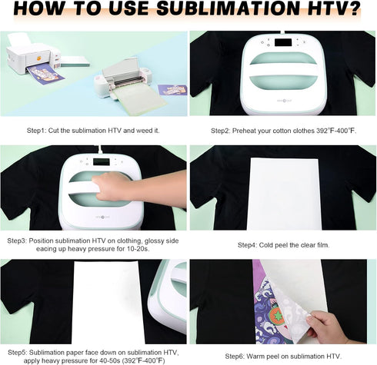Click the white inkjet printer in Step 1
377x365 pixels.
click(35, 60)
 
